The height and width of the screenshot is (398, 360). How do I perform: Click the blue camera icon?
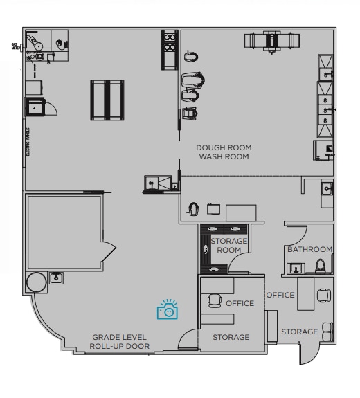168,311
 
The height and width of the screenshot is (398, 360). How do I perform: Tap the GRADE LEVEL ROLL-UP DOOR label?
118,341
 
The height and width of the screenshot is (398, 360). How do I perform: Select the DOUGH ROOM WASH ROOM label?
224,152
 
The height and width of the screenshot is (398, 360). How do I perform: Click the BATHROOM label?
310,249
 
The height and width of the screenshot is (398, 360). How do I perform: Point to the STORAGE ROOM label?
229,245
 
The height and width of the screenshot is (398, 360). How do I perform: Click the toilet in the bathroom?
320,266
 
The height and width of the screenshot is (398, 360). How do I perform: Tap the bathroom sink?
296,268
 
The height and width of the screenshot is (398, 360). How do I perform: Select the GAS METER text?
15,47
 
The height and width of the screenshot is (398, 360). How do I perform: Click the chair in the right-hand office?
322,296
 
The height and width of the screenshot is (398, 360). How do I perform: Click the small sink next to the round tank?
57,278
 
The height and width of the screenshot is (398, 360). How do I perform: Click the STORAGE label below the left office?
231,337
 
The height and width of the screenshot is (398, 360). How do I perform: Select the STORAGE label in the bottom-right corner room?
299,332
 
